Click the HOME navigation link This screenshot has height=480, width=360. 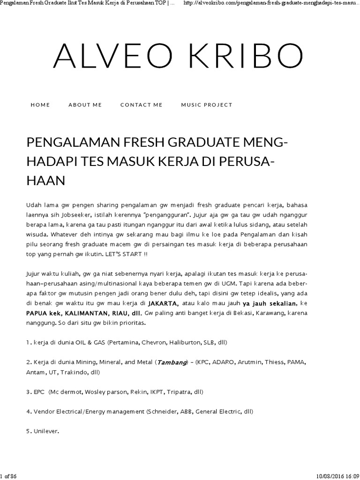point(40,105)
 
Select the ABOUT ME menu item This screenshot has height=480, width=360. point(85,105)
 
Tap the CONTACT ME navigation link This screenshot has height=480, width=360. point(141,105)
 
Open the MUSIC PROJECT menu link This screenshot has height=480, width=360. point(207,105)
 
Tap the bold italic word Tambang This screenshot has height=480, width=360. point(171,362)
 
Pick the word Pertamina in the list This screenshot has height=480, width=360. point(124,342)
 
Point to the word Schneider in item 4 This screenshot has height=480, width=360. point(163,412)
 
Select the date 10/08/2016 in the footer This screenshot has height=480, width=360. point(326,476)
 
